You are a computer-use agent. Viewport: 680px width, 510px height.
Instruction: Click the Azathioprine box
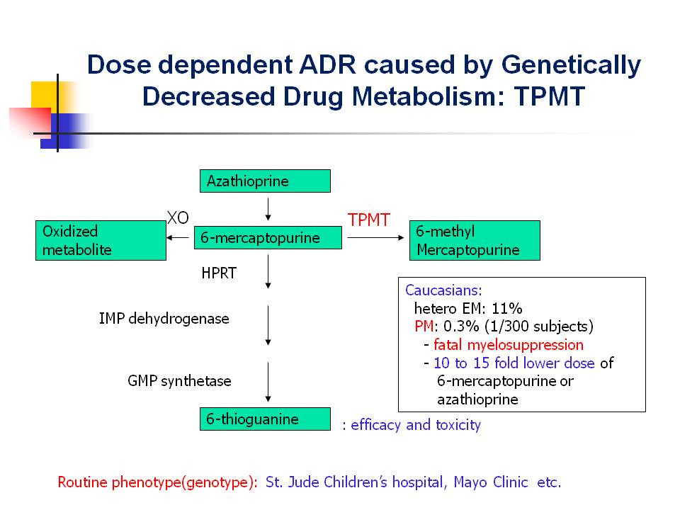265,181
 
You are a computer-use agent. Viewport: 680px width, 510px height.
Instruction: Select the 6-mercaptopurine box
268,238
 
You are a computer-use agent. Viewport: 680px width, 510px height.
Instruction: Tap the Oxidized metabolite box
101,240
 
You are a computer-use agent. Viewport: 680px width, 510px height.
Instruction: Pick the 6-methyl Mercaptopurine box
475,240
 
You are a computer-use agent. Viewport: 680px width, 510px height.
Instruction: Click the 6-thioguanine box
265,419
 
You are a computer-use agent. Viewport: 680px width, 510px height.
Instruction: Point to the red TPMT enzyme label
369,220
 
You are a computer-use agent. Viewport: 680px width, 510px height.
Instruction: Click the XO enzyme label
178,217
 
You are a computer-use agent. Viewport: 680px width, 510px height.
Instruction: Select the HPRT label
219,273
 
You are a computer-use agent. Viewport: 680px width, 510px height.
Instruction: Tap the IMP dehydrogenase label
164,319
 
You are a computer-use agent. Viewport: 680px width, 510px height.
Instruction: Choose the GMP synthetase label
179,381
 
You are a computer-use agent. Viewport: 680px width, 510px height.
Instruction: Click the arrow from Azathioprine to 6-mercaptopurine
268,210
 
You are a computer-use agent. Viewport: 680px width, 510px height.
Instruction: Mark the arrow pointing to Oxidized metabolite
178,238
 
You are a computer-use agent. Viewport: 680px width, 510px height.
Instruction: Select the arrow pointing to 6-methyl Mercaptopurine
375,238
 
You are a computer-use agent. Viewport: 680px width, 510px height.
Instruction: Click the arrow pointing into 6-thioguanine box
268,382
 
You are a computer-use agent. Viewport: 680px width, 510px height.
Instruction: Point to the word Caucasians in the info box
443,290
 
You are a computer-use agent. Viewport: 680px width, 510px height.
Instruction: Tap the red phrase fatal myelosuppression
509,345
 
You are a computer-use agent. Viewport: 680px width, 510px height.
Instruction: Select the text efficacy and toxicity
416,425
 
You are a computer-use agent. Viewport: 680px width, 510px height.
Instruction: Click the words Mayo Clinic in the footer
491,482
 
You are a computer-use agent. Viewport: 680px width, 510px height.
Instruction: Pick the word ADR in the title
327,64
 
